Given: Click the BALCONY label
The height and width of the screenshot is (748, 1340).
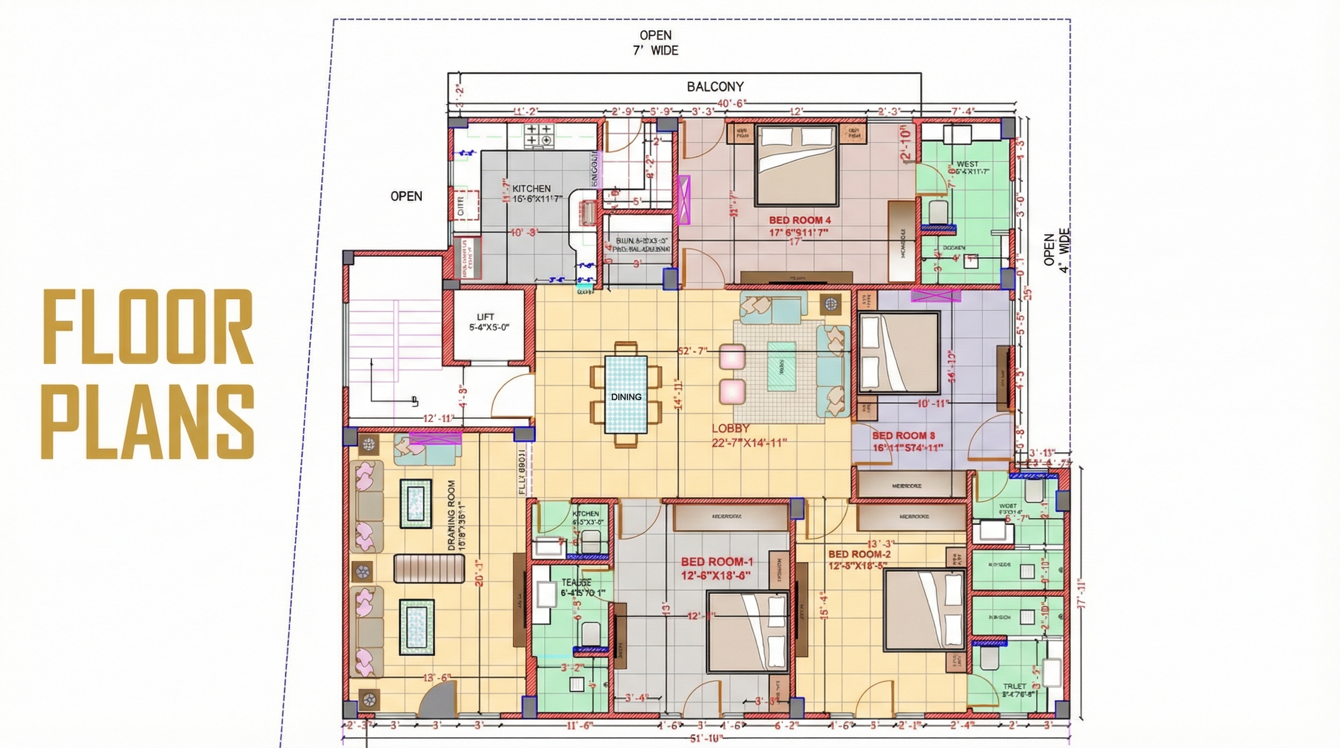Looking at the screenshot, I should click(715, 87).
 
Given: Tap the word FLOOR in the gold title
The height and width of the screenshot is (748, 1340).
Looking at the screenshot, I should click(148, 327).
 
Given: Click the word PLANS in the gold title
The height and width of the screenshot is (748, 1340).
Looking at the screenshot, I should click(148, 422).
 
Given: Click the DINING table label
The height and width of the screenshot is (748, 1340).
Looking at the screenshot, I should click(626, 397).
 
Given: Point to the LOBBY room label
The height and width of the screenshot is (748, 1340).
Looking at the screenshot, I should click(730, 429).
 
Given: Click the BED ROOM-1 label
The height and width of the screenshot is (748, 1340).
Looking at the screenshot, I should click(717, 562).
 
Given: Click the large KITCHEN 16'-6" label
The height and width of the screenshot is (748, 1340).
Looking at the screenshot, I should click(531, 189).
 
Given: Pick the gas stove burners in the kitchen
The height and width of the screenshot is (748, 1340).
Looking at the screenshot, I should click(539, 135).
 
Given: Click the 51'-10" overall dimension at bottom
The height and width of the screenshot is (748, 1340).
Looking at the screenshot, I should click(706, 739).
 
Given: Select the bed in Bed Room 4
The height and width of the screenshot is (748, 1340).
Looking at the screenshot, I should click(796, 166).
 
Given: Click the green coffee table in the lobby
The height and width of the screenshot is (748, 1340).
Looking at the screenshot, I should click(782, 366).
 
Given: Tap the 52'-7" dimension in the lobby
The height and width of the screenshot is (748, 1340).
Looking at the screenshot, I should click(692, 351).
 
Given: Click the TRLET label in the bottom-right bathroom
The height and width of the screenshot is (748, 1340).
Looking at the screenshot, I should click(1014, 686).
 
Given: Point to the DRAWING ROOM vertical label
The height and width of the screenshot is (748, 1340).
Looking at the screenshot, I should click(451, 515).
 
